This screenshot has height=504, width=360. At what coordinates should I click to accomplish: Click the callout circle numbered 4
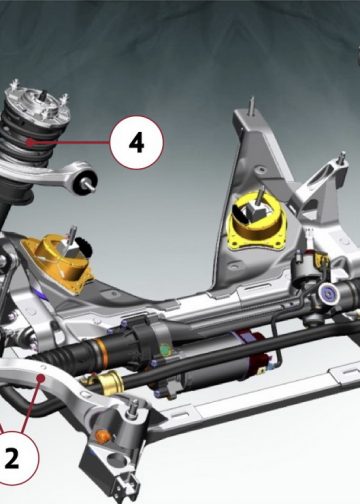pos(137,142)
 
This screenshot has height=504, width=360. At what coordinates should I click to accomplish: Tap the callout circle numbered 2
pos(13,458)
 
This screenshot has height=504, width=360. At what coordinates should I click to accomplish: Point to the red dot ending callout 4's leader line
pos(30,143)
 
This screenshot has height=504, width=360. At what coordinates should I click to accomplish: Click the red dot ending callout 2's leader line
pos(41,378)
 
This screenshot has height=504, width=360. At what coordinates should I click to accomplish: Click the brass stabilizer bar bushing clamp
pos(111,382)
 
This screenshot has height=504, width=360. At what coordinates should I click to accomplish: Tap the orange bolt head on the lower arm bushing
pos(103,435)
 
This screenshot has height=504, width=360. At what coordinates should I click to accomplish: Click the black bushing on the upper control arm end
pos(85,182)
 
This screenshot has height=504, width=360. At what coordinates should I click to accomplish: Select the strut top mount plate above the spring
pos(37,102)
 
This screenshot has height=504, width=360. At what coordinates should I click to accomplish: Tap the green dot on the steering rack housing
pos(165,350)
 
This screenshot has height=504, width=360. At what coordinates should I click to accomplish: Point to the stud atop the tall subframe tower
pos(252,106)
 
